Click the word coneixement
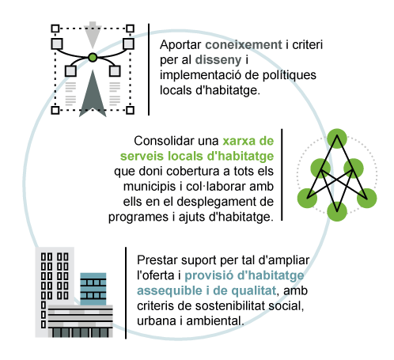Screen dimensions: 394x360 point(244,45)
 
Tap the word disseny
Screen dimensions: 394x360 point(218,60)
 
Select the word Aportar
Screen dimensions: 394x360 point(180,45)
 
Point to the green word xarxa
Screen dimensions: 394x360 point(239,141)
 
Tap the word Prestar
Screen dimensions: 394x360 point(157,260)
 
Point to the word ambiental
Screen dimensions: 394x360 point(214,321)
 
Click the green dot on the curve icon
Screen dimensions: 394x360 point(93,58)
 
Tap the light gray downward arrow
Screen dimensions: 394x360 point(93,35)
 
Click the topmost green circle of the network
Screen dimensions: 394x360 point(337,138)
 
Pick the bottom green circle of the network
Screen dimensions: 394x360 point(337,211)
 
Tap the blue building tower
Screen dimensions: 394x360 point(93,289)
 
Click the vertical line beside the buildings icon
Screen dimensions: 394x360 point(126,293)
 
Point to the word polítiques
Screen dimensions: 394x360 point(290,75)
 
